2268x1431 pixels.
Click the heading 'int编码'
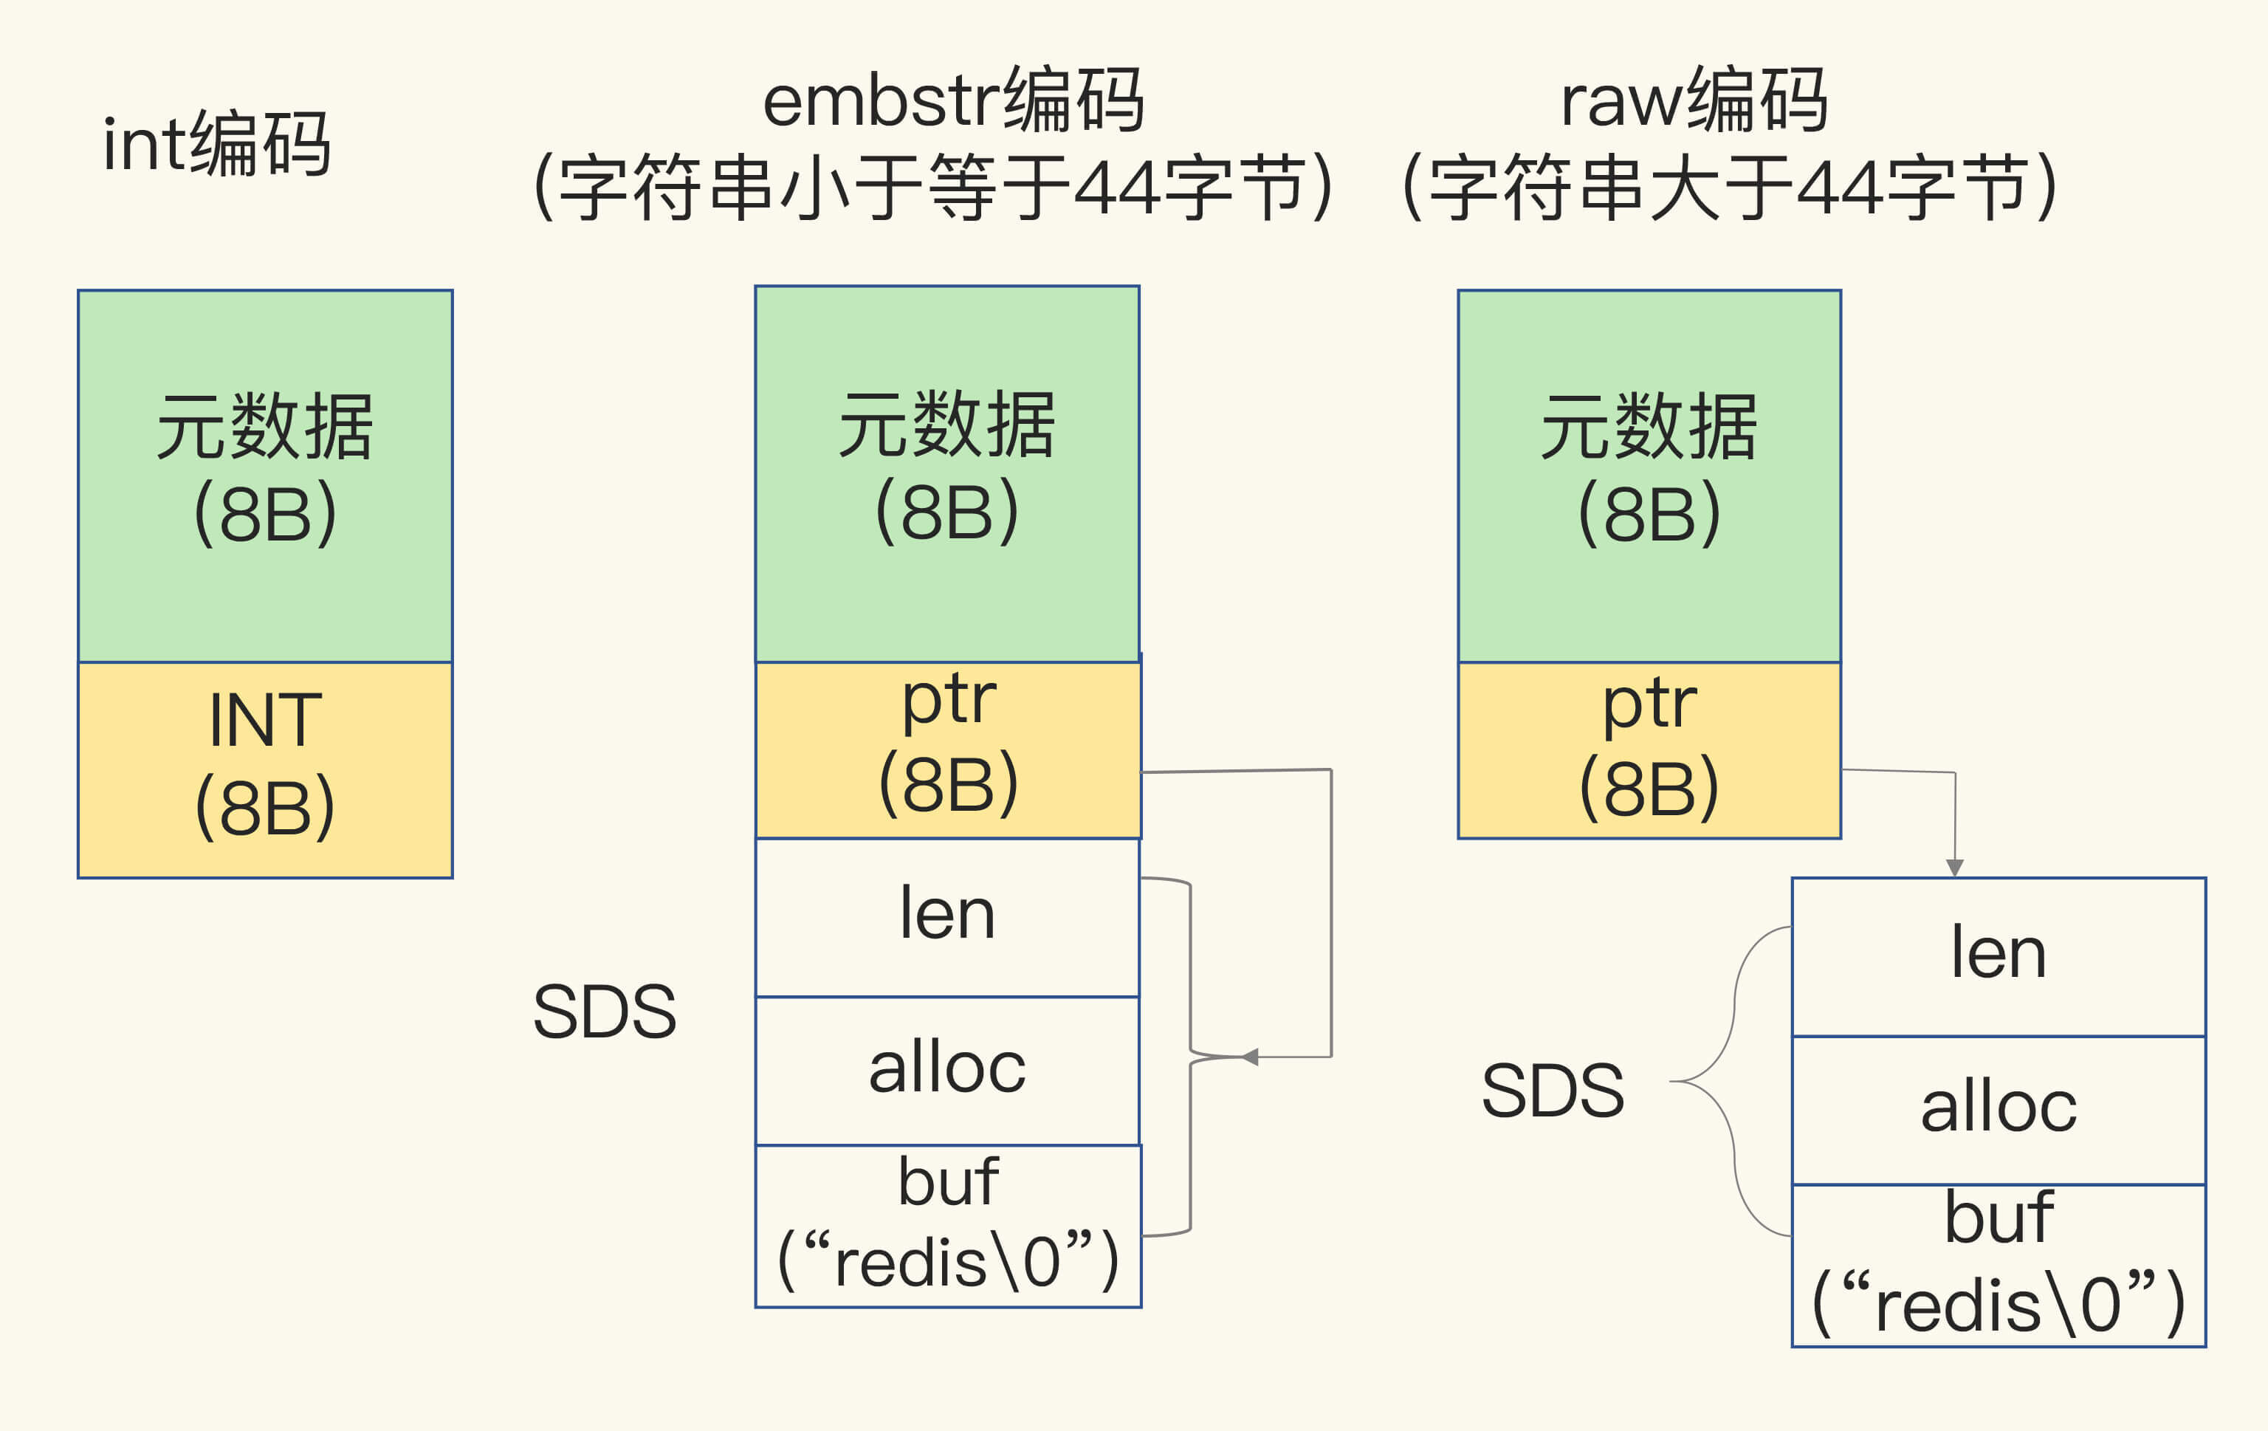point(216,143)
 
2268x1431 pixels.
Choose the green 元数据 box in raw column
point(1649,475)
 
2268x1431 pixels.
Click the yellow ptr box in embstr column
point(947,749)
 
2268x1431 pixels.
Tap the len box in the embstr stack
point(946,916)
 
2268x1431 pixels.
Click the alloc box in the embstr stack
point(946,1069)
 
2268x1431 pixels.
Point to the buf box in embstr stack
point(947,1225)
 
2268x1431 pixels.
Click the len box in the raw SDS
point(1998,955)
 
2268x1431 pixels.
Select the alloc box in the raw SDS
point(1998,1109)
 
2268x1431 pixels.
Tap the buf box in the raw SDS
point(1998,1264)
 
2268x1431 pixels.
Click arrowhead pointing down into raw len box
point(1954,868)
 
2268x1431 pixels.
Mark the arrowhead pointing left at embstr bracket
point(1250,1057)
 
